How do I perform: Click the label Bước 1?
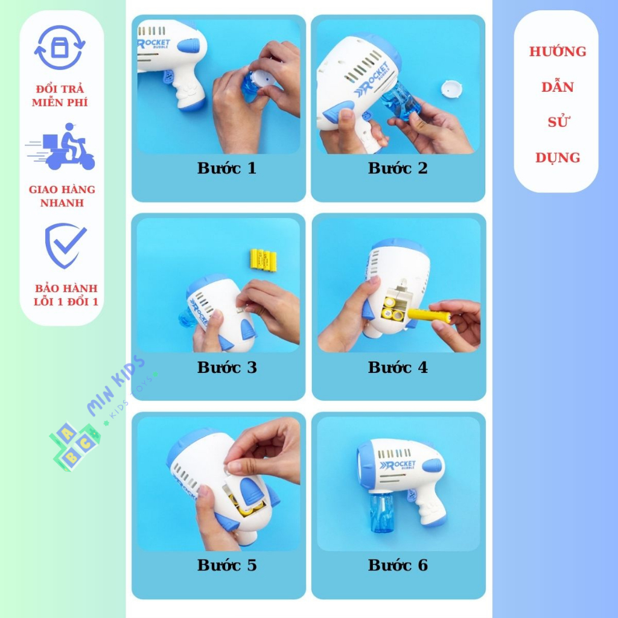227,168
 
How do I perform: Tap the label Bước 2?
398,168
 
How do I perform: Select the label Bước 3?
227,368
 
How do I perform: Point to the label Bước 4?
398,368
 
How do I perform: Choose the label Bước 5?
227,565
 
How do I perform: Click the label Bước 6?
398,565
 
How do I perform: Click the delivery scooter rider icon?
61,147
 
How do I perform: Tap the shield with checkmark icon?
65,246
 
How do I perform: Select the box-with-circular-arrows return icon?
60,47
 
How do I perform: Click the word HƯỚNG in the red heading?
557,52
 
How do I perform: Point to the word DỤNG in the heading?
557,158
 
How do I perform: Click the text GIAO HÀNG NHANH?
62,196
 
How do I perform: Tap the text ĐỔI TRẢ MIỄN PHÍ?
60,95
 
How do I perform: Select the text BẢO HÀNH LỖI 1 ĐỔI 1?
66,295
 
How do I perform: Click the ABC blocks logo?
75,447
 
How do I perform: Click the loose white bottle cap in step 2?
451,89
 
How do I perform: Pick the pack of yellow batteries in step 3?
263,260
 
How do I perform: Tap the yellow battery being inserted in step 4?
429,315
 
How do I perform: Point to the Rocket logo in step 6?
397,465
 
